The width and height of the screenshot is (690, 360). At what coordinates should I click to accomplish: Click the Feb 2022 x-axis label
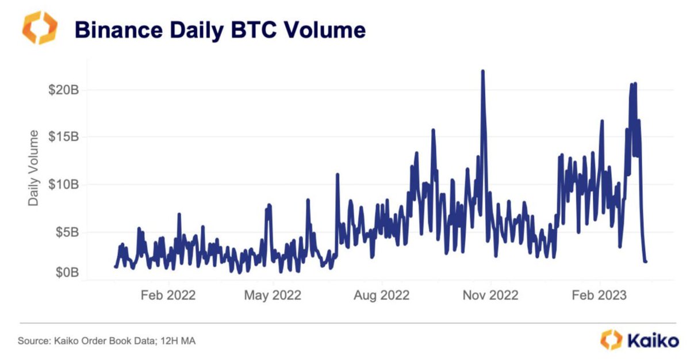pos(168,296)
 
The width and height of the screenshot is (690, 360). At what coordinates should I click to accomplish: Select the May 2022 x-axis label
pos(273,296)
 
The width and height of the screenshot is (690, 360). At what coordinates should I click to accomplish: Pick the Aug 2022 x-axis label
pos(382,296)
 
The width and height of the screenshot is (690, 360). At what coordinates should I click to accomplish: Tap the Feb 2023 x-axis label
pos(600,296)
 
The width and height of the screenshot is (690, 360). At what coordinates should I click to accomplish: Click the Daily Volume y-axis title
pos(34,168)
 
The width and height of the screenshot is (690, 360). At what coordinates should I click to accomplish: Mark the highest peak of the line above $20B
pos(482,71)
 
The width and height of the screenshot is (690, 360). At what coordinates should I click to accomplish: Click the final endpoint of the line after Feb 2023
pos(646,262)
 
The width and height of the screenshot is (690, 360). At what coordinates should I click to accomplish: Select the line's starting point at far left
pos(116,266)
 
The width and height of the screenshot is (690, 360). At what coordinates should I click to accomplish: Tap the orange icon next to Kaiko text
pos(611,340)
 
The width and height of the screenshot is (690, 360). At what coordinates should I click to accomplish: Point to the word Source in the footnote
pos(33,341)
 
